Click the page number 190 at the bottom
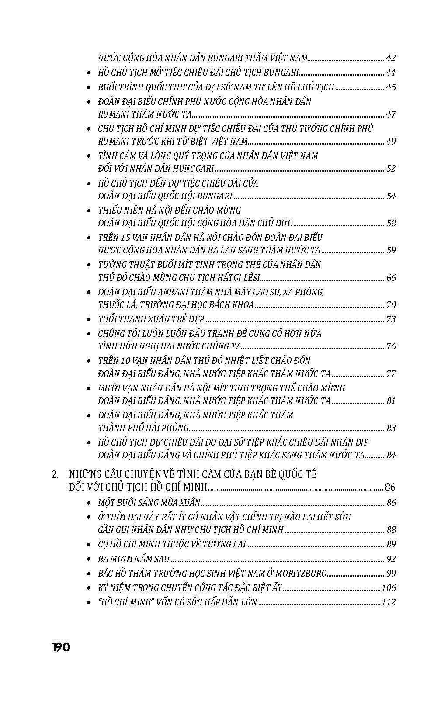[x=61, y=647]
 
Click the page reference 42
[x=391, y=58]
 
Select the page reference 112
[x=389, y=602]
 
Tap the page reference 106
[x=389, y=588]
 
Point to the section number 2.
[x=55, y=474]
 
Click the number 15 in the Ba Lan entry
[x=125, y=238]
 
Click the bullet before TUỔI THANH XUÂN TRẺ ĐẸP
[x=89, y=320]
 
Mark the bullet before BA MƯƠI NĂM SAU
[x=89, y=559]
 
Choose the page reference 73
[x=391, y=319]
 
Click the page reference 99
[x=391, y=574]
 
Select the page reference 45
[x=391, y=87]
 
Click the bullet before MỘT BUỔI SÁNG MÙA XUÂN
[x=89, y=503]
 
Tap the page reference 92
[x=391, y=559]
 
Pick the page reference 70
[x=391, y=305]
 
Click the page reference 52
[x=391, y=169]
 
